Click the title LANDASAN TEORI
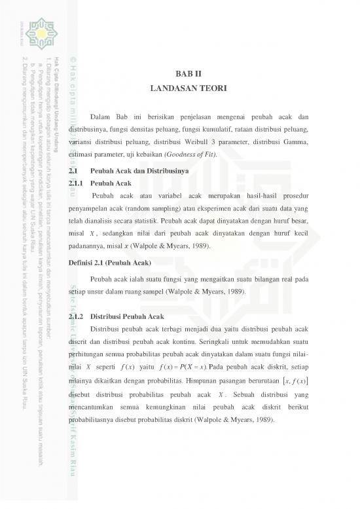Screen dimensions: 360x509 coord(188,87)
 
